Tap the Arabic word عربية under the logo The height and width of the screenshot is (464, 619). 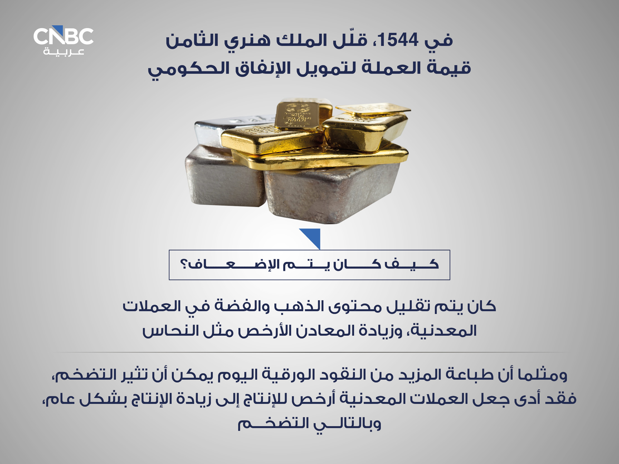[64, 52]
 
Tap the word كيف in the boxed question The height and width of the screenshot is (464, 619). [411, 264]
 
